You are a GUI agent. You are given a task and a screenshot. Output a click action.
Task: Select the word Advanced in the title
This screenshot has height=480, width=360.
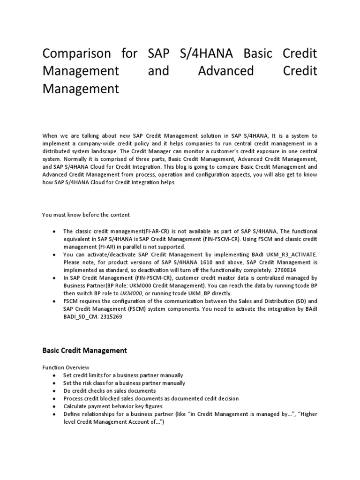[x=225, y=71]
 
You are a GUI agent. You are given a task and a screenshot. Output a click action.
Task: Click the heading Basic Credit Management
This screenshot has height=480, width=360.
[x=84, y=350]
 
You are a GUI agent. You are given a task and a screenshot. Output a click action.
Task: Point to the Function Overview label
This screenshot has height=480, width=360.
[x=66, y=367]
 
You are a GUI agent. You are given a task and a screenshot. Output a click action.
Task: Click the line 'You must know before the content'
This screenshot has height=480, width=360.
[x=86, y=215]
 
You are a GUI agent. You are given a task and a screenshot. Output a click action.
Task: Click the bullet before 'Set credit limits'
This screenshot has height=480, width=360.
[x=55, y=375]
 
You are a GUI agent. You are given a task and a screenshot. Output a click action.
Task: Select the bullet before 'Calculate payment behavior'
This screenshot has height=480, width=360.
[x=55, y=406]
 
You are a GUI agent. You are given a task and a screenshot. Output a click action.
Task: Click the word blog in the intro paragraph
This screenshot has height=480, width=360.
[x=194, y=166]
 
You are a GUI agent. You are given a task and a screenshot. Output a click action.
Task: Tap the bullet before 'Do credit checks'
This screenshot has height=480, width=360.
[x=55, y=391]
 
